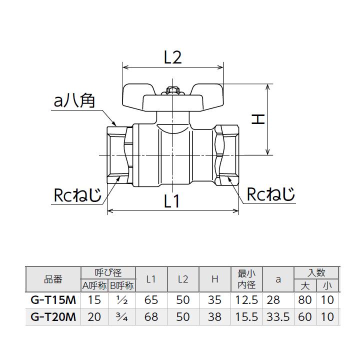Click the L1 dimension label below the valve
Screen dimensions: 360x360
[171, 201]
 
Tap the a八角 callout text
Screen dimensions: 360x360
[74, 101]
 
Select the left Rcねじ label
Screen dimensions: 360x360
[77, 194]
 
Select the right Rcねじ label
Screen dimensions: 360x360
[270, 194]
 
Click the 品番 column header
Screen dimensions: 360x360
[53, 279]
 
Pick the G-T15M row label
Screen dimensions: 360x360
[53, 300]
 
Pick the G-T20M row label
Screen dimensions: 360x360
[53, 317]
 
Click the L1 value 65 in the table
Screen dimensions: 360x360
[151, 300]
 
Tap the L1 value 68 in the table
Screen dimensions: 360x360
[151, 317]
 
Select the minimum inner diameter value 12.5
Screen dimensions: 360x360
[246, 300]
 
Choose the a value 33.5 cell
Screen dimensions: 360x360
[278, 317]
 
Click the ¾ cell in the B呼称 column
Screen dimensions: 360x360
[121, 317]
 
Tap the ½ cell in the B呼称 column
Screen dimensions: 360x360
[121, 300]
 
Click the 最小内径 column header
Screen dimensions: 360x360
[246, 279]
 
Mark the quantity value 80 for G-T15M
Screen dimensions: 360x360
[305, 300]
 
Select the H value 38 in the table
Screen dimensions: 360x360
[215, 317]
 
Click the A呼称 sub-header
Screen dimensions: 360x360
[94, 286]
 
